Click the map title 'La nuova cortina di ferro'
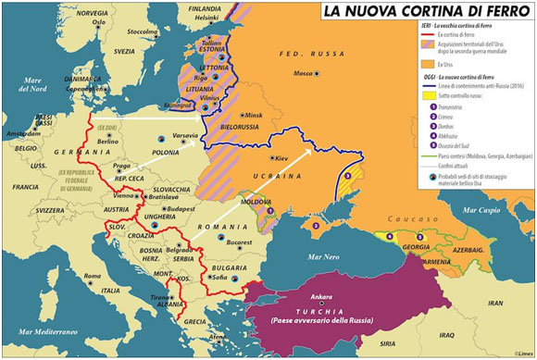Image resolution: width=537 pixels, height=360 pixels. pos(421,12)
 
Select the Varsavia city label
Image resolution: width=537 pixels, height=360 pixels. pos(184,136)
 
